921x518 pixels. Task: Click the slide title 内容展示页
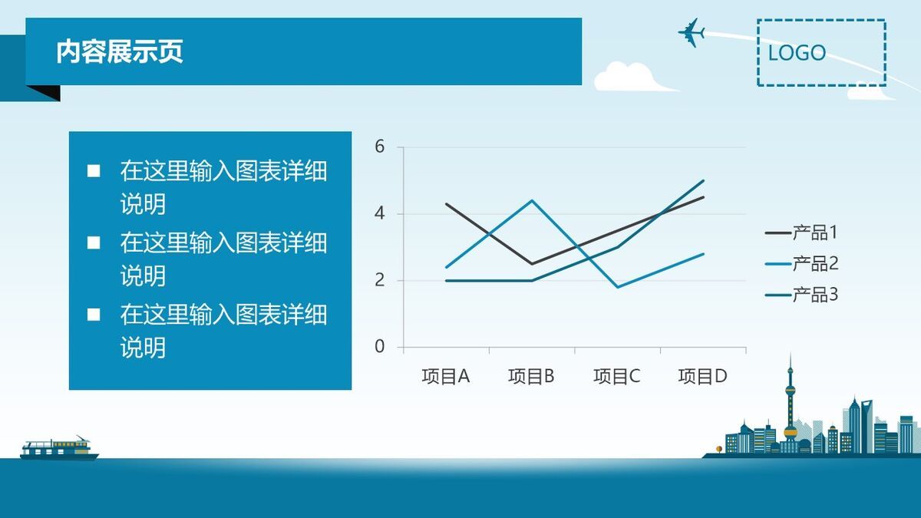click(120, 51)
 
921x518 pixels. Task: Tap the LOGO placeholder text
click(797, 53)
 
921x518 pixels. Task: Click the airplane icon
click(692, 32)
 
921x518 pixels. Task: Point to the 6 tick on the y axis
click(379, 147)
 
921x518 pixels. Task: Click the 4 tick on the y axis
click(379, 213)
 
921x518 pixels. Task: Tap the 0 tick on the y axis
click(379, 347)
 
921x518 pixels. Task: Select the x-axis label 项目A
click(445, 376)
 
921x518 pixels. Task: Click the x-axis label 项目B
click(531, 376)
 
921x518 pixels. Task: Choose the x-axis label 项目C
click(616, 376)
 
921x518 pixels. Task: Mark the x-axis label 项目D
click(702, 376)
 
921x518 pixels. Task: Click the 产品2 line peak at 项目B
click(531, 200)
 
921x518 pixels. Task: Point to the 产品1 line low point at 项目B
click(531, 264)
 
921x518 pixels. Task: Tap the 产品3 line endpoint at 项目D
click(703, 181)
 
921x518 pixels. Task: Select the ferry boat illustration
click(58, 448)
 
